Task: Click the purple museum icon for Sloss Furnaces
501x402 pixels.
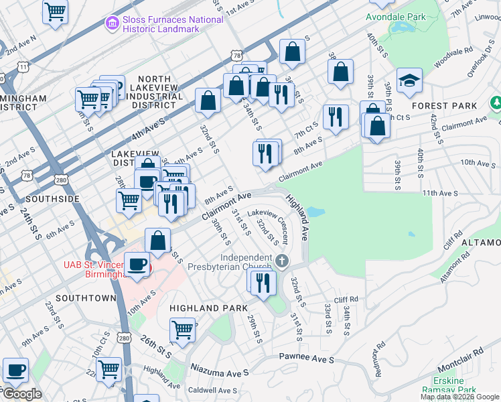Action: coord(112,24)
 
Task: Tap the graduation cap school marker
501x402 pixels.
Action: coord(409,82)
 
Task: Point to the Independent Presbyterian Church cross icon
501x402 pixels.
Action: coord(283,259)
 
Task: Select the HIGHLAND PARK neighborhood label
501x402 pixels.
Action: coord(204,308)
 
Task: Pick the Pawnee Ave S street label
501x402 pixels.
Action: coord(307,360)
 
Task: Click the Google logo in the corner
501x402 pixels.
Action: coord(22,394)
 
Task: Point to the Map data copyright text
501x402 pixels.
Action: coord(459,397)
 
